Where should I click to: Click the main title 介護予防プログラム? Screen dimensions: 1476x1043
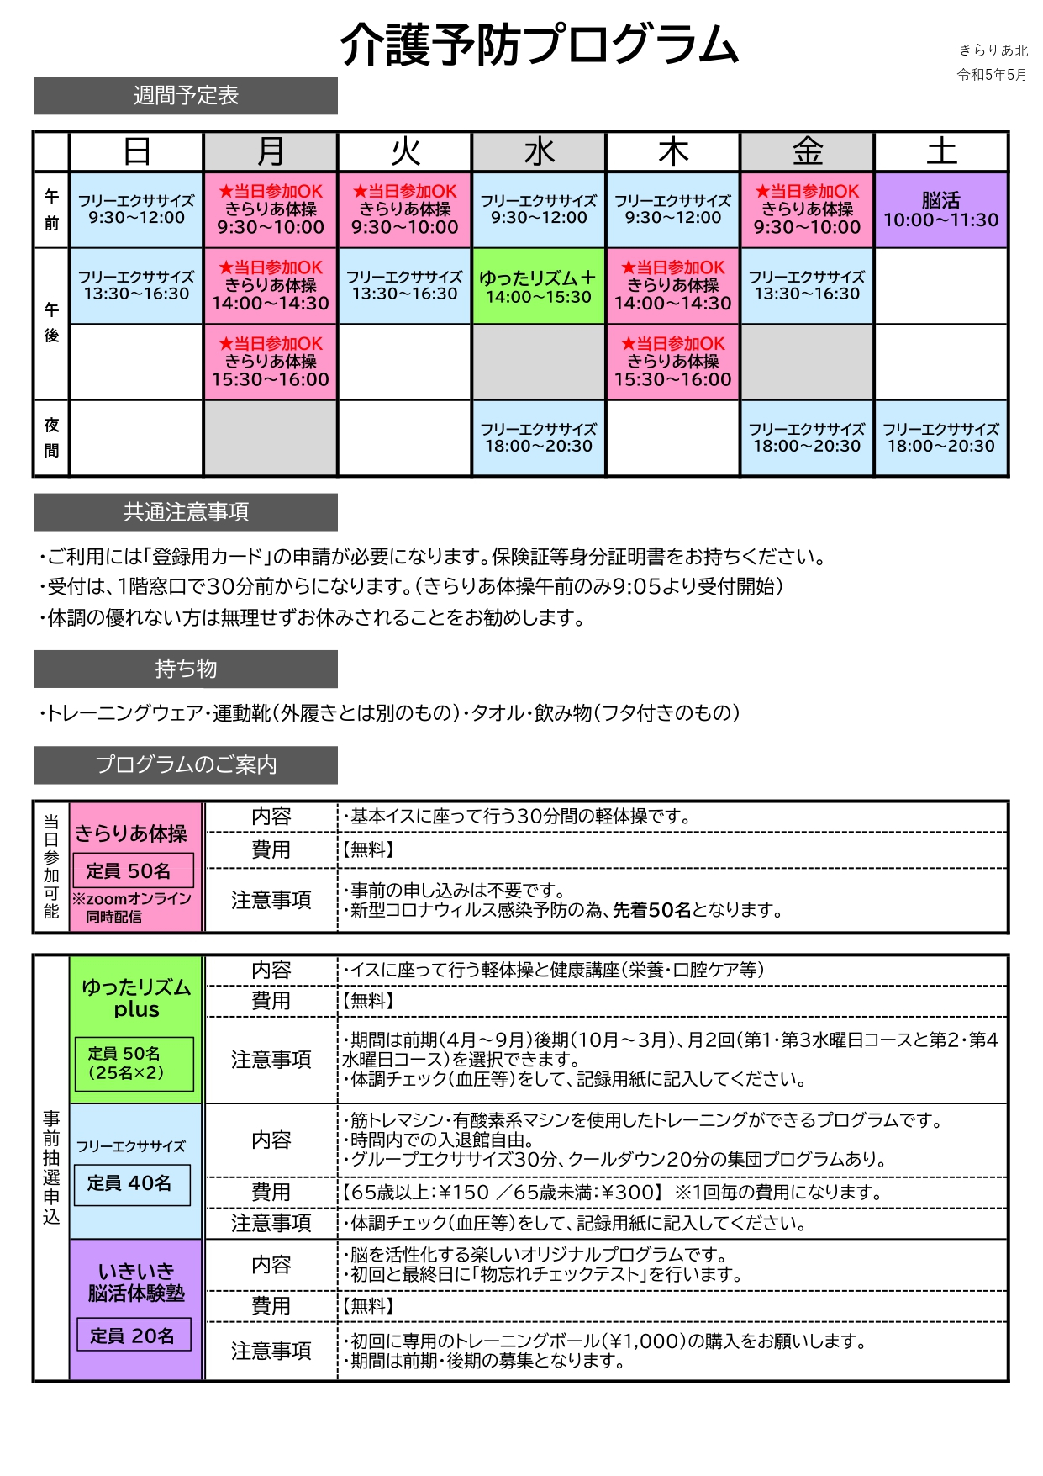click(539, 45)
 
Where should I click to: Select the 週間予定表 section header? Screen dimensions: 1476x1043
click(186, 96)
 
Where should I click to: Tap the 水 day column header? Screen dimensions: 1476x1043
click(539, 152)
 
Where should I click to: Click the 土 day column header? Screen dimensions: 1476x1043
click(941, 152)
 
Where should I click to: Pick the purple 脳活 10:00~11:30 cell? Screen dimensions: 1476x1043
click(941, 210)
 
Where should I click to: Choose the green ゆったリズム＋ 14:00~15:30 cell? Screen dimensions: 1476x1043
click(539, 287)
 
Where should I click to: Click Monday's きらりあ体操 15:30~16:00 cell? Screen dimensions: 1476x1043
click(271, 362)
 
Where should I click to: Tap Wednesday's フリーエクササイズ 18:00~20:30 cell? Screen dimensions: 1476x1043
click(539, 438)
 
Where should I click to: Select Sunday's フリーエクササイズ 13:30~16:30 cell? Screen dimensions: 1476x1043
click(136, 286)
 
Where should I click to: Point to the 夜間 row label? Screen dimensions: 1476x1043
click(51, 438)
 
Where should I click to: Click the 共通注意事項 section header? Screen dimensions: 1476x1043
click(186, 512)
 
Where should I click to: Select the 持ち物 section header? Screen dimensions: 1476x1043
click(186, 669)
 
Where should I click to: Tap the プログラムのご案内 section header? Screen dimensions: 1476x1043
click(186, 764)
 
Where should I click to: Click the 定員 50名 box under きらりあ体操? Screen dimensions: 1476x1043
click(134, 870)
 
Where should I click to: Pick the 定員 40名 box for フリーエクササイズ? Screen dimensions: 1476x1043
click(132, 1184)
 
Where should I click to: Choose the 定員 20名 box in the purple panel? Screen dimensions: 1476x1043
click(134, 1336)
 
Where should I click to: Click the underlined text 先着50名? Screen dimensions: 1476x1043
click(651, 910)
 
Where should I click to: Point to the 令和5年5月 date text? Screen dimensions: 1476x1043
click(992, 75)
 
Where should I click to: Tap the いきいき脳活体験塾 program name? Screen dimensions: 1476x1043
click(136, 1283)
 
